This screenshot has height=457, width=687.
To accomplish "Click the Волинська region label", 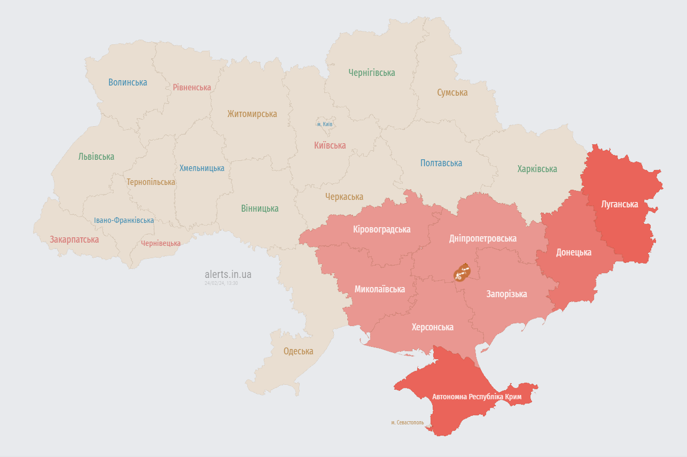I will (x=128, y=82).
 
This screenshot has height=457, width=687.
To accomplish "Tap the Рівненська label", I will (x=192, y=87).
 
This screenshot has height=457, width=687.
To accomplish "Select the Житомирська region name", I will (x=252, y=114).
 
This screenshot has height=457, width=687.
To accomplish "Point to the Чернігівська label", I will (x=372, y=73).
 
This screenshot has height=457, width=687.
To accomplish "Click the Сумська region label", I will (x=452, y=92).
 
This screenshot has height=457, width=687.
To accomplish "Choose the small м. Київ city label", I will (x=325, y=124).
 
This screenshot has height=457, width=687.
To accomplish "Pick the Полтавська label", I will (x=441, y=163).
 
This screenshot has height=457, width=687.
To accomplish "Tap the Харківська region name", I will (x=537, y=169).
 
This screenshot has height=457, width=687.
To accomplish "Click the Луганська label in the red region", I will (x=619, y=204).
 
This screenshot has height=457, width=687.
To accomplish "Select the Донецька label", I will (x=574, y=252).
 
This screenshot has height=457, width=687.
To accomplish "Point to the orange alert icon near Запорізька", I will (x=461, y=273).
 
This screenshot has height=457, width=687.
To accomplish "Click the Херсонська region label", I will (x=432, y=327).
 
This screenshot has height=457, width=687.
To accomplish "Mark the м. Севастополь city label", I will (x=407, y=422).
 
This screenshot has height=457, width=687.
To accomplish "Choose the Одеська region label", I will (x=298, y=351).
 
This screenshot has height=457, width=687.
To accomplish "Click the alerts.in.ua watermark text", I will (x=228, y=274).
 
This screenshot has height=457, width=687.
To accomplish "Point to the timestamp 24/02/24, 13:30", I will (x=221, y=283).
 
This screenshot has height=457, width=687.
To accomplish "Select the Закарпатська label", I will (x=74, y=239).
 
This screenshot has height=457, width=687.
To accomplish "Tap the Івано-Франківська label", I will (x=124, y=220).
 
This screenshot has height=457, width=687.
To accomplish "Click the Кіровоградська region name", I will (x=381, y=229).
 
